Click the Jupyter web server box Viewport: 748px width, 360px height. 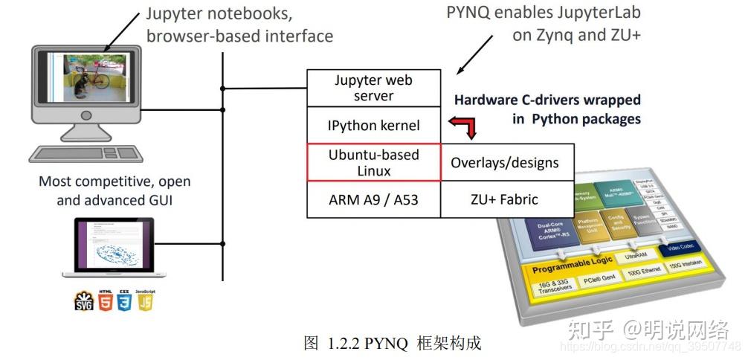[x=373, y=88]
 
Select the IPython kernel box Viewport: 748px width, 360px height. [x=373, y=126]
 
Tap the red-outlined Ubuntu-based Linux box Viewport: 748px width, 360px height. [x=373, y=162]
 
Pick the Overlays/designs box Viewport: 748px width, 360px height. [x=505, y=162]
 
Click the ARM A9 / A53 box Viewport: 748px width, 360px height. [x=373, y=199]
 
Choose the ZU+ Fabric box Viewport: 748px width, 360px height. [x=505, y=199]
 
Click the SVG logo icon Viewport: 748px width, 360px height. [x=84, y=301]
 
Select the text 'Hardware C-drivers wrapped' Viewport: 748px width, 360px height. [x=547, y=100]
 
